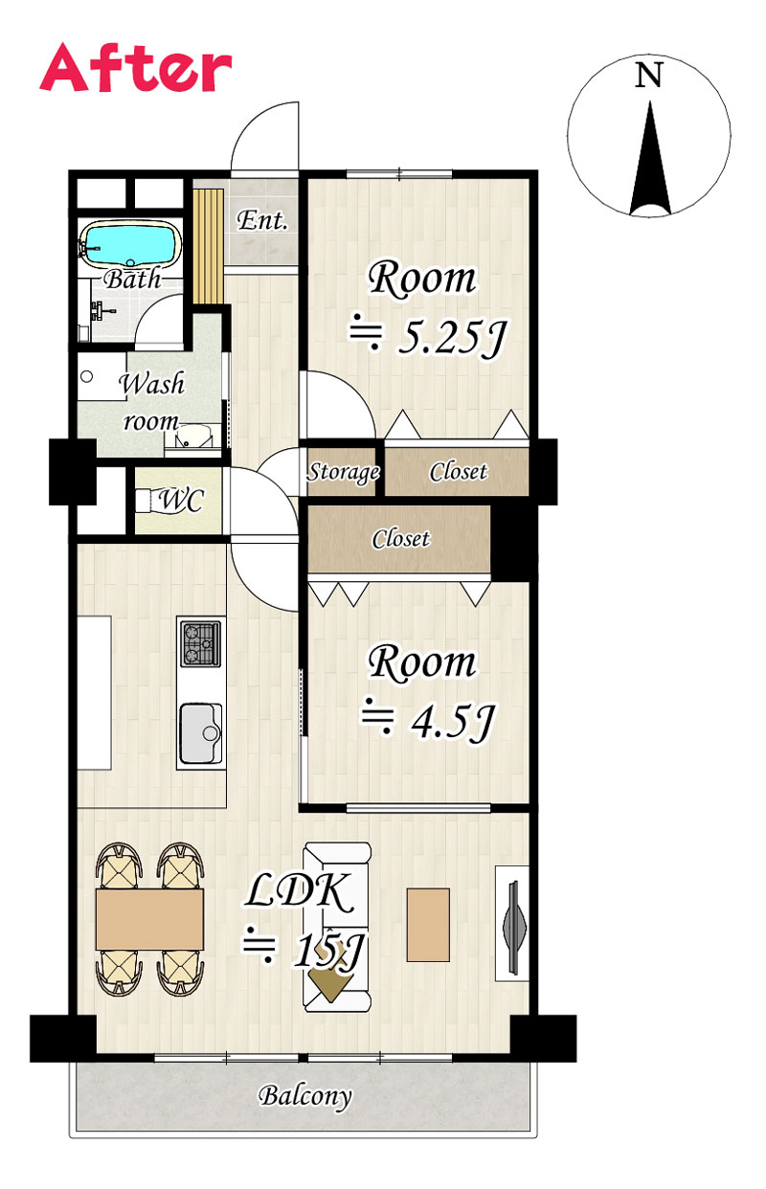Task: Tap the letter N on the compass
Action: [x=648, y=75]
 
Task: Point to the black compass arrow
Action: [x=650, y=158]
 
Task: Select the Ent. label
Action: [x=262, y=220]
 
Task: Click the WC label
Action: [x=181, y=500]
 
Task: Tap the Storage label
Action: [x=344, y=471]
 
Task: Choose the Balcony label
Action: [x=305, y=1095]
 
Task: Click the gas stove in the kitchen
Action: [x=201, y=644]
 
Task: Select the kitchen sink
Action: [x=201, y=733]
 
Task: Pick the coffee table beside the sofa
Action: [x=428, y=925]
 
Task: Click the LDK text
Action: [x=300, y=893]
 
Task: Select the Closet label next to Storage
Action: [x=458, y=471]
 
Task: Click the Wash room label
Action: [x=151, y=402]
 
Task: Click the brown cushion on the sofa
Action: [x=330, y=980]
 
